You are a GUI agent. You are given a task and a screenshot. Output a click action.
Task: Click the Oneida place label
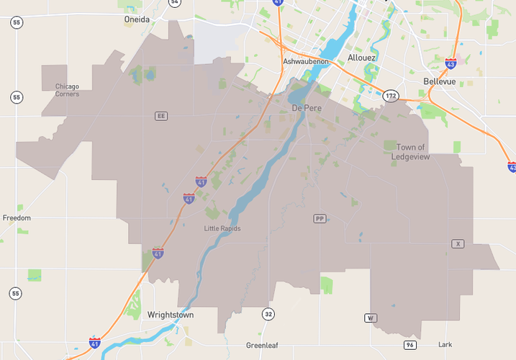coord(137,19)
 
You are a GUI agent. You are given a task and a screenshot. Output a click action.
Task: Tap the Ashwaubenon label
coord(306,62)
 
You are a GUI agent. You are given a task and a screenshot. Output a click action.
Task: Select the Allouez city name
coord(361,58)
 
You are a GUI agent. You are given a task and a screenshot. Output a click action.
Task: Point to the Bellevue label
coord(440,81)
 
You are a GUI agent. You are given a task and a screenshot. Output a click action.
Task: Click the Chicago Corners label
coord(67,90)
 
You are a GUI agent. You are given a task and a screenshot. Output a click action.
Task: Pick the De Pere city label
coord(307,108)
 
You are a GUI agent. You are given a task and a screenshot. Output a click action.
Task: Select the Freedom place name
coord(17,217)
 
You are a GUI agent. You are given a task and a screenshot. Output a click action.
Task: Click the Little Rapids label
coord(222,229)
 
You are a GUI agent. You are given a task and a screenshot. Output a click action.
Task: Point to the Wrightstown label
coord(171,315)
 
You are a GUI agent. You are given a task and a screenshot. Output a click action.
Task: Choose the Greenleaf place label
coord(262,345)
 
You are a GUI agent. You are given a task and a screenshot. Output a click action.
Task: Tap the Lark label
coord(445,345)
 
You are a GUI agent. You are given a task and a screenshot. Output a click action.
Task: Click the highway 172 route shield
coord(390,95)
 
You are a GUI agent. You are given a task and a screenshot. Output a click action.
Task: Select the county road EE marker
coord(161,115)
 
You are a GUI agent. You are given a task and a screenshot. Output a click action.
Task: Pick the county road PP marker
coord(320,218)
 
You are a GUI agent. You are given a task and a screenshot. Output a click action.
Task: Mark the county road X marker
coord(458,244)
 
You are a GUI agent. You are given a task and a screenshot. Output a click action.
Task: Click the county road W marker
coord(371,318)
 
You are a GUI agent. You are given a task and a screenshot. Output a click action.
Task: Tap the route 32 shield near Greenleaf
coord(268,314)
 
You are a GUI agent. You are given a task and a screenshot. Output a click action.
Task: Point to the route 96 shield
coord(409,346)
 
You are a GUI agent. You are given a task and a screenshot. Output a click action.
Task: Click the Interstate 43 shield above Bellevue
coord(451,64)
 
